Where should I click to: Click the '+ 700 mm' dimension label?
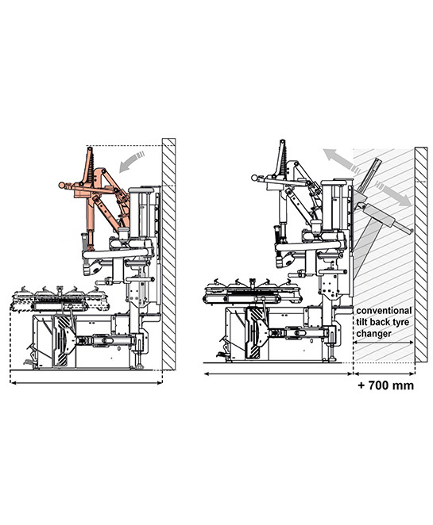pos(386,385)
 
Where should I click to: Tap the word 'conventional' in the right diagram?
pos(384,311)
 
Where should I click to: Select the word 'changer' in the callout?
pos(373,334)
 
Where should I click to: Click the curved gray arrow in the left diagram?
pos(131,161)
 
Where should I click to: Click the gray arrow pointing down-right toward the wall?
pos(393,194)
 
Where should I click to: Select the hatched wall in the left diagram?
pos(168,254)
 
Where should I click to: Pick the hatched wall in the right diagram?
pos(421,255)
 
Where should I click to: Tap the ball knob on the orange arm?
pos(61,185)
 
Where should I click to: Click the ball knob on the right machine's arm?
pos(254,178)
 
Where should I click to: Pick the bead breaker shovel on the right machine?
pos(257,333)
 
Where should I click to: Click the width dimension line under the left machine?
pos(86,382)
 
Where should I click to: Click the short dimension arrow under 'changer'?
pos(384,342)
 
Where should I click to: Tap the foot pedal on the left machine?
pos(29,362)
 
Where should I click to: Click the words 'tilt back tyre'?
pos(383,322)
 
